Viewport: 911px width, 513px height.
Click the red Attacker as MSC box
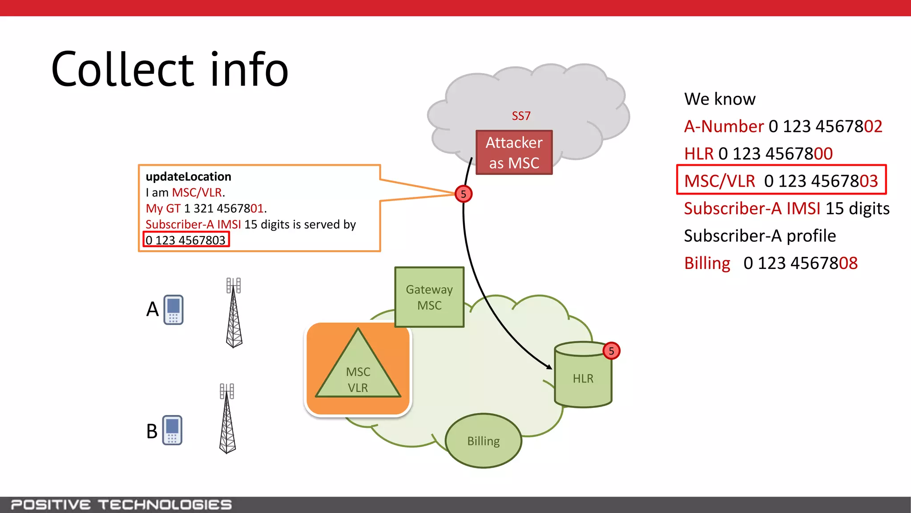pyautogui.click(x=514, y=152)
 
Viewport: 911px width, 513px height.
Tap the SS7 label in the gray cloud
pyautogui.click(x=521, y=116)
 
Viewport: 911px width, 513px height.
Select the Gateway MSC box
pyautogui.click(x=429, y=297)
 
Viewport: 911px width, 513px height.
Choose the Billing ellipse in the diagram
pyautogui.click(x=484, y=441)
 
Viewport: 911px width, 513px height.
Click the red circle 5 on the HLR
pyautogui.click(x=611, y=351)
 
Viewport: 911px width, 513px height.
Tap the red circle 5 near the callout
pyautogui.click(x=464, y=194)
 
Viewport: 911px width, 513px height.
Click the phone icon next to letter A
pyautogui.click(x=173, y=309)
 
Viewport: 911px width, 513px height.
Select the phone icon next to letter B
pyautogui.click(x=172, y=430)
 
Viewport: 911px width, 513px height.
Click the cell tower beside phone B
pyautogui.click(x=227, y=419)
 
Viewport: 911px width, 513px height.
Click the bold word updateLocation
pyautogui.click(x=188, y=177)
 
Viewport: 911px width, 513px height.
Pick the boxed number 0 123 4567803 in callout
pyautogui.click(x=186, y=240)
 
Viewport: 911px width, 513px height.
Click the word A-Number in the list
pyautogui.click(x=724, y=126)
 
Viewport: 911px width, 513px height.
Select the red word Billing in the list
pyautogui.click(x=707, y=263)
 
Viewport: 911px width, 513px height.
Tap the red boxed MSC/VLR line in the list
pyautogui.click(x=781, y=181)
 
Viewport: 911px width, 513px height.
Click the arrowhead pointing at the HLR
pyautogui.click(x=550, y=366)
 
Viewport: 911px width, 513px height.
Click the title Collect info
pyautogui.click(x=170, y=69)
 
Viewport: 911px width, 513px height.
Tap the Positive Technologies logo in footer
pyautogui.click(x=121, y=505)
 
